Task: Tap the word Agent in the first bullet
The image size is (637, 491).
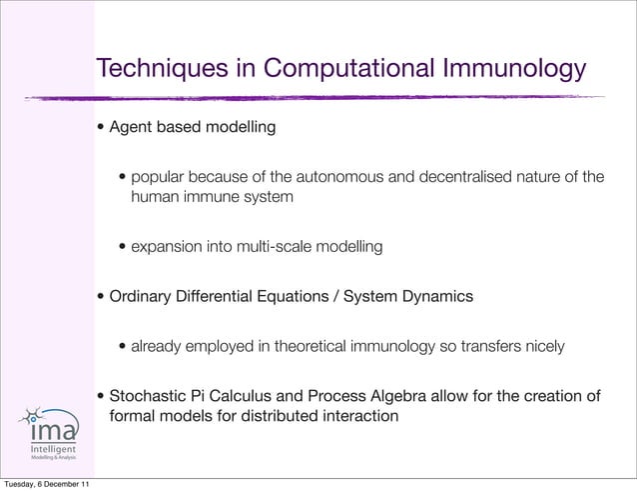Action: coord(130,128)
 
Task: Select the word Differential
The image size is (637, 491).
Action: coord(222,297)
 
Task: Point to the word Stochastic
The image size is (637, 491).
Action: coord(146,396)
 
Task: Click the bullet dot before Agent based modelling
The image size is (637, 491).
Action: coord(101,129)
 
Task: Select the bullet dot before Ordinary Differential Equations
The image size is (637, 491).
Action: coord(101,298)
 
